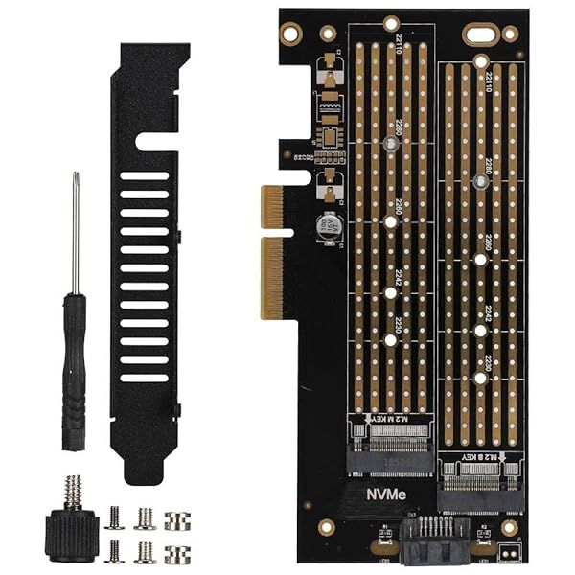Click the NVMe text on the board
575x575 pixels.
click(x=389, y=496)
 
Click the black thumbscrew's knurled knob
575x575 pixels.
click(x=73, y=532)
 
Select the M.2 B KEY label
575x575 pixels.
click(x=480, y=456)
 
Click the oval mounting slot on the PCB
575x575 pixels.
click(x=479, y=34)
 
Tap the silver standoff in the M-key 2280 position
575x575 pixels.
click(x=390, y=146)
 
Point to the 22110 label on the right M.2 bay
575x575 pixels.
click(x=488, y=82)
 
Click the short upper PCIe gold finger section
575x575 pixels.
click(x=273, y=207)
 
